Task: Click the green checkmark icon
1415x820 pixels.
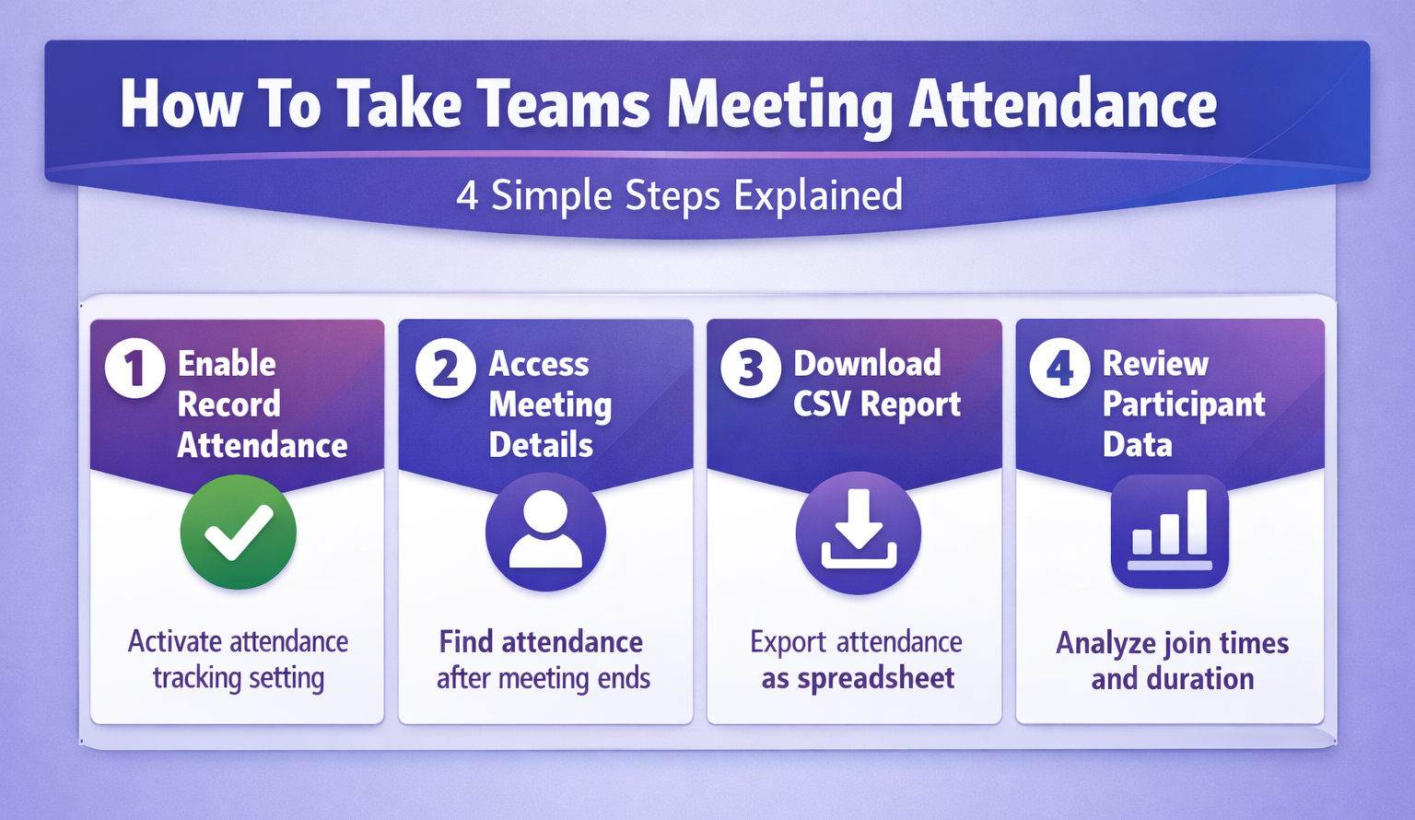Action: (239, 532)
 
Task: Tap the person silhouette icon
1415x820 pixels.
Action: (545, 532)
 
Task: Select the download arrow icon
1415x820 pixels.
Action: (858, 533)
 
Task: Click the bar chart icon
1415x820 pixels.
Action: (1169, 532)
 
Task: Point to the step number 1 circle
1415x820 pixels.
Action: (135, 369)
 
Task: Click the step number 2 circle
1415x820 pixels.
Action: (445, 369)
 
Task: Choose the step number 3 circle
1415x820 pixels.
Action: (751, 369)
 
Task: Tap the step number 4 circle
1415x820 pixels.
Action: (1059, 369)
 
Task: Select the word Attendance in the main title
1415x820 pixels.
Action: (1062, 104)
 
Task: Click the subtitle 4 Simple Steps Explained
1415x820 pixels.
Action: (679, 196)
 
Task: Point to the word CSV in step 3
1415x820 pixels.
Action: (821, 404)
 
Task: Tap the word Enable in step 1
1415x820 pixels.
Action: (227, 364)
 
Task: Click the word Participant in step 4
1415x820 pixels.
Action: (1184, 405)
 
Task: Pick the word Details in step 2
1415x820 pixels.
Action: (541, 445)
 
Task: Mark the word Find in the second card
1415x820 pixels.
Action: (466, 642)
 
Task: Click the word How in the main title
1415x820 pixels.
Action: (181, 104)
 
